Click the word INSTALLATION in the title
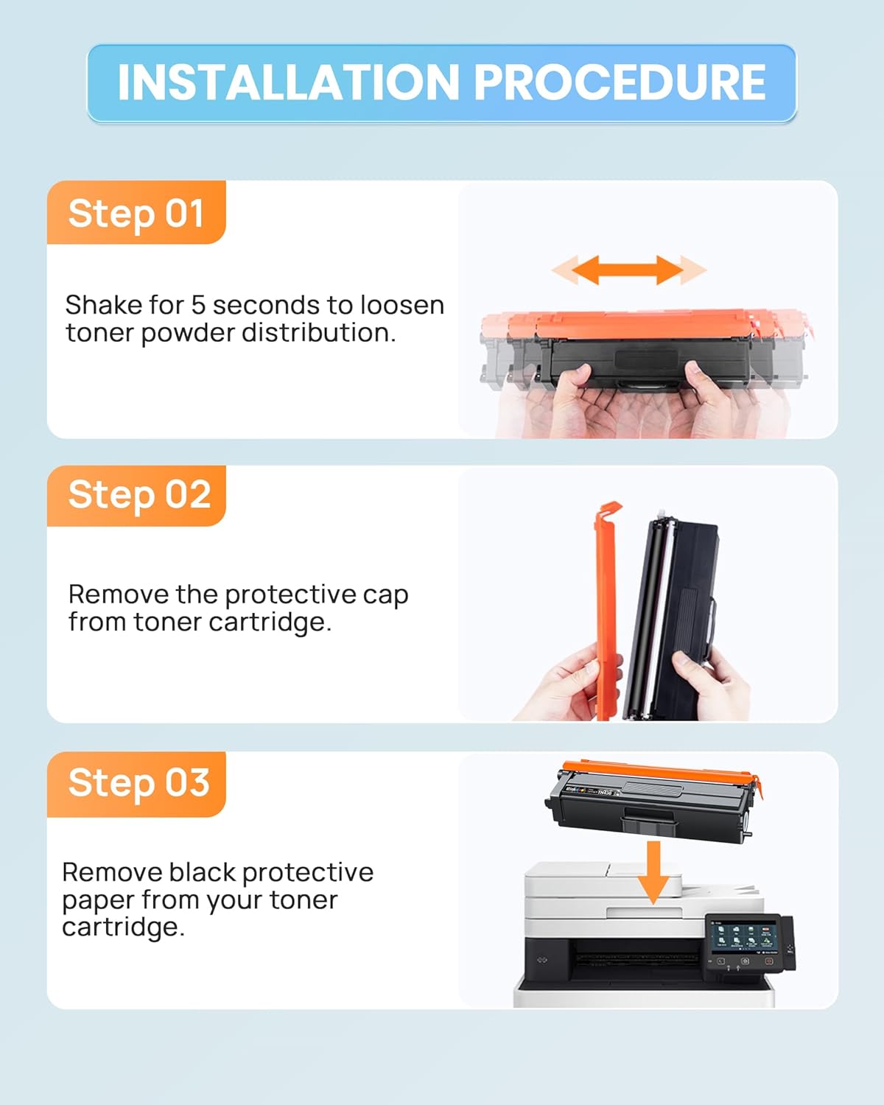pos(288,83)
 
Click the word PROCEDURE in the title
pos(620,83)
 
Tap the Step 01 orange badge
pos(136,212)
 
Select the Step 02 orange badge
pos(136,496)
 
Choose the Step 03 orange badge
pos(136,784)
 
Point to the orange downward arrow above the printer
pos(653,872)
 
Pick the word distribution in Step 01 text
pos(319,333)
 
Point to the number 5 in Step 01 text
pos(198,306)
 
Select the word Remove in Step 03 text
pos(113,872)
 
